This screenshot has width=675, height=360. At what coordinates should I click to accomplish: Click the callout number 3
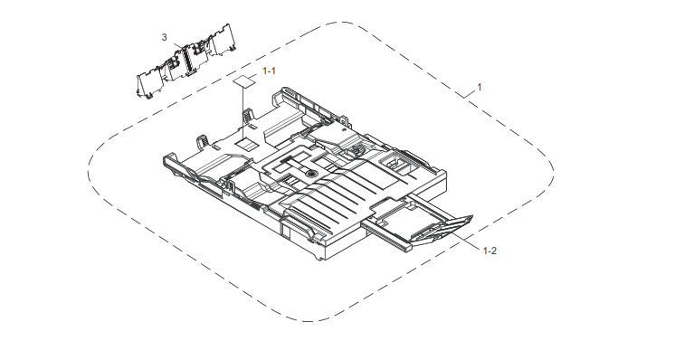[x=164, y=37]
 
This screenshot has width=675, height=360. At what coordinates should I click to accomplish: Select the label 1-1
[x=269, y=71]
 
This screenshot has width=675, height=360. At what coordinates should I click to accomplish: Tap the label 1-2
[x=490, y=251]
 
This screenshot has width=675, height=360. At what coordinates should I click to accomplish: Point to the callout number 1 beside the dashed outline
[x=480, y=87]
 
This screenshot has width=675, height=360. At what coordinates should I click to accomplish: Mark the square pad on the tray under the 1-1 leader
[x=246, y=144]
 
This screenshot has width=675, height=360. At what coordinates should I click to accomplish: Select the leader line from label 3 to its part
[x=177, y=44]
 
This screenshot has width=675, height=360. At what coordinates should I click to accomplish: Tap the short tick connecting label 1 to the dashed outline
[x=471, y=94]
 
